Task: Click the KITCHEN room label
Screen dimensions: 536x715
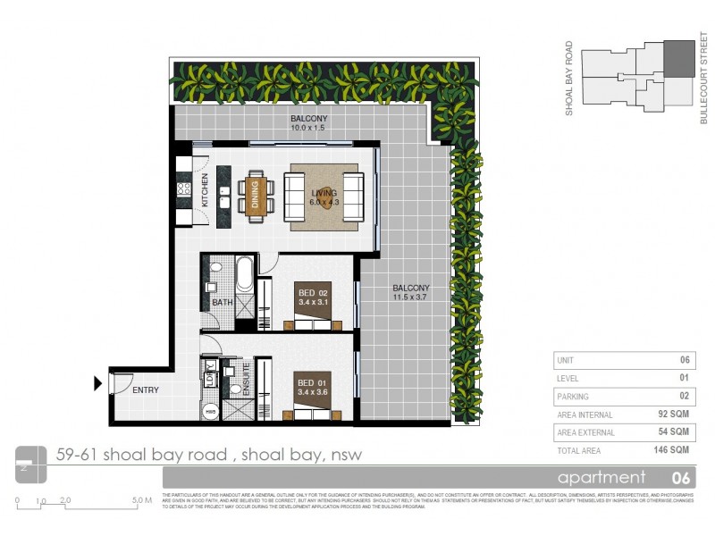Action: pos(205,190)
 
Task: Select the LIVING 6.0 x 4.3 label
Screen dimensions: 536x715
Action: pos(324,197)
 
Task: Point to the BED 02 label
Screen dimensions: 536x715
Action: pos(313,295)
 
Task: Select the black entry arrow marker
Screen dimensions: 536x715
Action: pos(97,384)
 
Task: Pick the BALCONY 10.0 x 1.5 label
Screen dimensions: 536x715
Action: pos(309,123)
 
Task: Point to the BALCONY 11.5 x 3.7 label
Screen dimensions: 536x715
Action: pos(411,293)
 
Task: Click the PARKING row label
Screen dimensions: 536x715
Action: pos(573,397)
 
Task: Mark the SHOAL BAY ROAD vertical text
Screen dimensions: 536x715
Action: pos(568,79)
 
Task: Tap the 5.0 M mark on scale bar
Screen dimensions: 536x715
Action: pos(141,501)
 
